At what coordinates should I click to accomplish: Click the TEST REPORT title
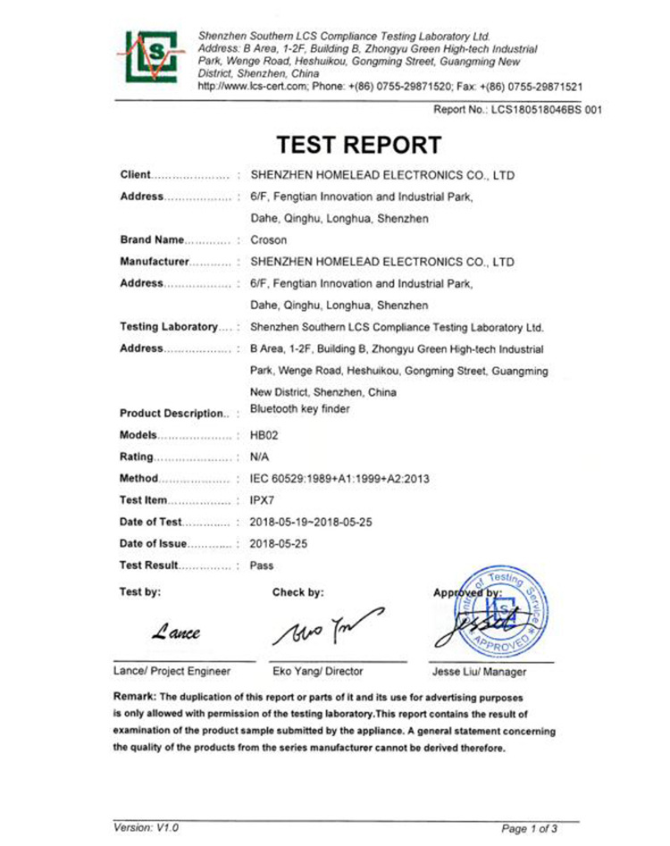357,145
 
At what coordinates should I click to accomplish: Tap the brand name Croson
267,240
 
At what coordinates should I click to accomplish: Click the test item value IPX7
262,500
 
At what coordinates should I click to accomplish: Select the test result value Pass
262,565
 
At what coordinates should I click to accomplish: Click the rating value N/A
261,457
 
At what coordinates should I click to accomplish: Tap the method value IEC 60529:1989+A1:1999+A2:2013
340,479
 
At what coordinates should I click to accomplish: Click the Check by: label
297,591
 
